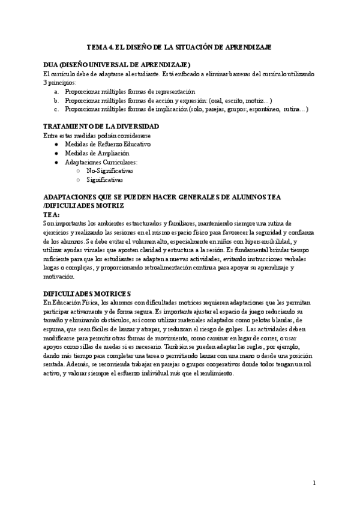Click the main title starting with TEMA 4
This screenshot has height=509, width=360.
point(179,46)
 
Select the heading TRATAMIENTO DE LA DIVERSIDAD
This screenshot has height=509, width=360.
point(101,127)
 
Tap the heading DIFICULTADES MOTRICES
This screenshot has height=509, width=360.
point(87,294)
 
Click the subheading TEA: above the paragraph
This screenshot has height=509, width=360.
point(52,214)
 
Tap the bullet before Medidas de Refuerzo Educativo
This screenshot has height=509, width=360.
point(56,145)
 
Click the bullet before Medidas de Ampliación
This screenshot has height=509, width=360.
point(56,154)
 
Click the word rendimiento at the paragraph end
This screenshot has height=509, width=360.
point(222,373)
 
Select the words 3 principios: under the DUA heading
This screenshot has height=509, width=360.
point(59,82)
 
